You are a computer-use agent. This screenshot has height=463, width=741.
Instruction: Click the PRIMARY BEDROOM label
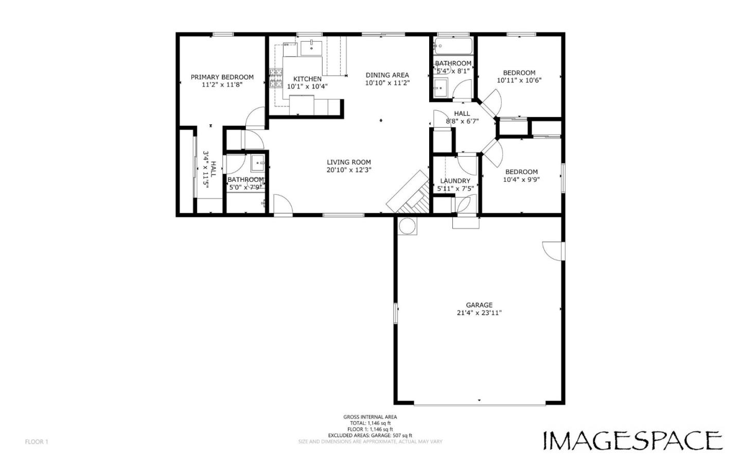coord(222,77)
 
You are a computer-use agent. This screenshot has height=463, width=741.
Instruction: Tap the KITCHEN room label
coord(307,79)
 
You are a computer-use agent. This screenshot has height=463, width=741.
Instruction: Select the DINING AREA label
coord(387,75)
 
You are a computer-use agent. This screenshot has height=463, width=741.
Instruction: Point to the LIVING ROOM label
coord(348,162)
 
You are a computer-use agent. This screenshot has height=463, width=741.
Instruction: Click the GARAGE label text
coord(479,305)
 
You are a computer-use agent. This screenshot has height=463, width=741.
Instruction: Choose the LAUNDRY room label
coord(455,181)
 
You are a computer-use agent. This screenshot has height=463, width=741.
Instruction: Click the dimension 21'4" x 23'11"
coord(479,313)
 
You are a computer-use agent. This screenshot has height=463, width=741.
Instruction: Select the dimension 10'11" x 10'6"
coord(519,80)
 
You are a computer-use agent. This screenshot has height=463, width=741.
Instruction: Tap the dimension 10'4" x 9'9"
coord(521,180)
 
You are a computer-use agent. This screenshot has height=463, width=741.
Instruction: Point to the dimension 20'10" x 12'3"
coord(348,170)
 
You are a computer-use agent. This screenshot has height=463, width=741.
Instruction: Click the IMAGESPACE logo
coord(632,441)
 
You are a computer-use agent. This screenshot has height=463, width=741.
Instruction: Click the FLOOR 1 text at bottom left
coord(37,442)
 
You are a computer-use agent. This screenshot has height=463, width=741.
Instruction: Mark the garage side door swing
coord(553,250)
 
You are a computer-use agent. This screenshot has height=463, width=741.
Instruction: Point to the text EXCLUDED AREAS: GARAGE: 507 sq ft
coord(370,436)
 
